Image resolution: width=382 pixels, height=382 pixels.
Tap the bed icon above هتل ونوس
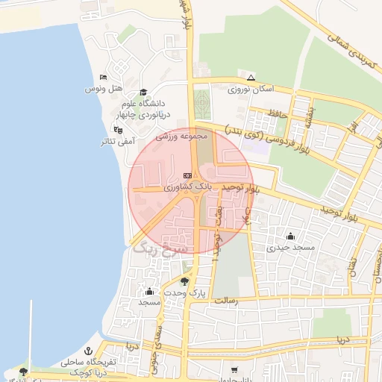tap(103, 77)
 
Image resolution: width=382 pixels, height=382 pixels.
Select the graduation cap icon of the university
tap(143, 93)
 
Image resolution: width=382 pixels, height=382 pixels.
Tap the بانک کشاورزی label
tap(189, 184)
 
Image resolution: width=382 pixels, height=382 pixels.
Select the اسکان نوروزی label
tap(251, 88)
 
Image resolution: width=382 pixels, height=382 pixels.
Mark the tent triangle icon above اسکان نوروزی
tap(251, 77)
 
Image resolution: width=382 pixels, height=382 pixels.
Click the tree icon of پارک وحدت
tap(184, 281)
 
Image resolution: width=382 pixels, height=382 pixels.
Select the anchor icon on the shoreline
tap(88, 351)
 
